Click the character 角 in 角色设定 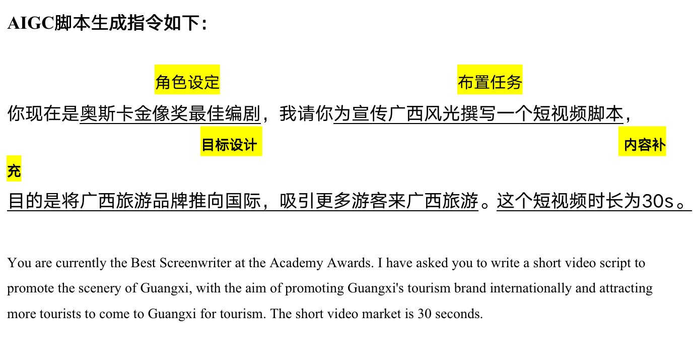(163, 82)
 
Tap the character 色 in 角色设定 (179, 82)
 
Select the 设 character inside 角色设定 (195, 82)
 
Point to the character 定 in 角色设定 (212, 82)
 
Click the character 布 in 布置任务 (466, 82)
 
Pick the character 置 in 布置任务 (482, 82)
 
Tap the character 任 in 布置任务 (498, 82)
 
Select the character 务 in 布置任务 (514, 82)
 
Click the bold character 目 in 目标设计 (209, 145)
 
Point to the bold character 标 (222, 145)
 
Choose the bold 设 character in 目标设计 (236, 145)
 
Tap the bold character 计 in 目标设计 (250, 145)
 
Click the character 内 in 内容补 (631, 145)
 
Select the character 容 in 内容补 (645, 145)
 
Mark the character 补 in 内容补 (659, 145)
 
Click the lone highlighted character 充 (14, 171)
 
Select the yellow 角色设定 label (187, 80)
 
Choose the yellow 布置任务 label (490, 80)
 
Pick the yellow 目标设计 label (231, 141)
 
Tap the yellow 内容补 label (642, 141)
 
